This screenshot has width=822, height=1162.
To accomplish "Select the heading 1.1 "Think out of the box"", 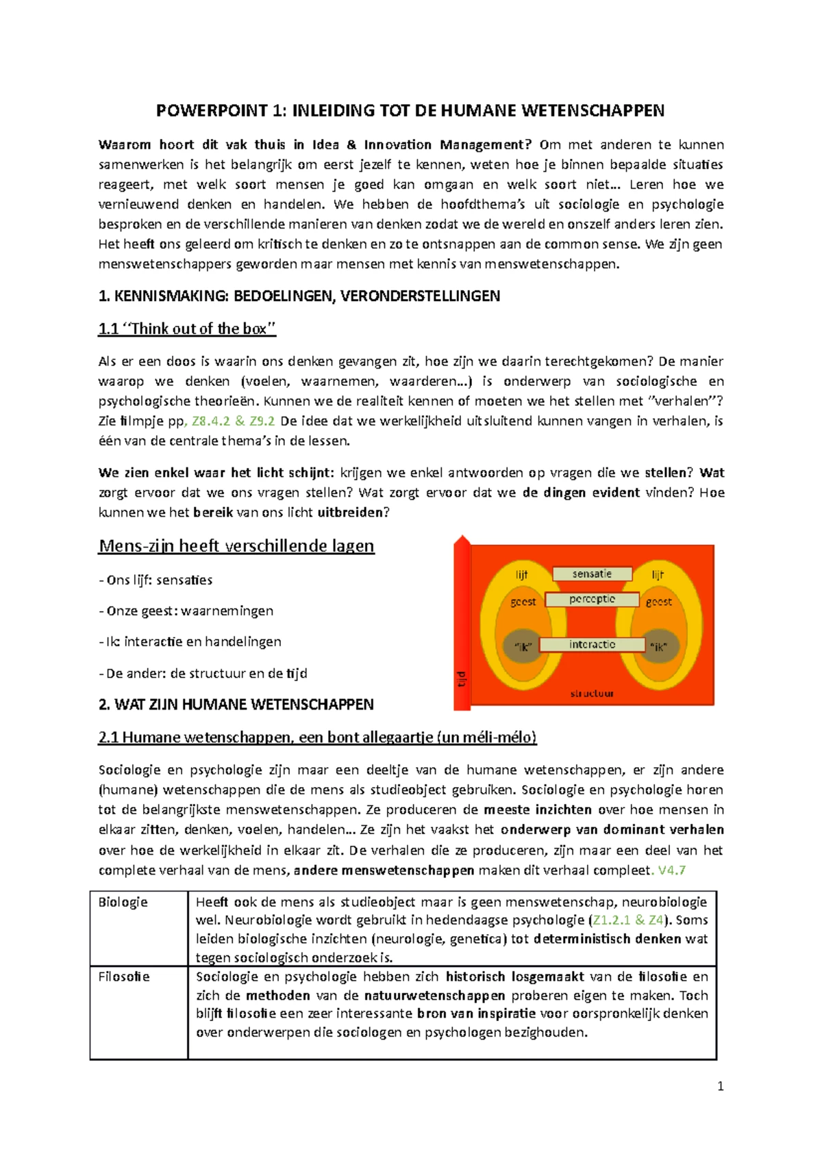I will tap(187, 328).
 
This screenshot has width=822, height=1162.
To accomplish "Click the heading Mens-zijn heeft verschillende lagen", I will tap(236, 546).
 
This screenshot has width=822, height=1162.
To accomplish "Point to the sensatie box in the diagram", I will tap(592, 573).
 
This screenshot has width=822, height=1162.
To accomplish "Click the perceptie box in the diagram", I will tap(592, 599).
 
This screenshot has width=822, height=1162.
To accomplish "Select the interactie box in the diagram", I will tap(592, 645).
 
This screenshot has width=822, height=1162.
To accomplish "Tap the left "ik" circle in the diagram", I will tap(523, 646).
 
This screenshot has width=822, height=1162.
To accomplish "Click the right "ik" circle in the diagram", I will tap(658, 646).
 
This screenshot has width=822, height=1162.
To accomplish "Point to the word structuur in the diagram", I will tap(592, 693).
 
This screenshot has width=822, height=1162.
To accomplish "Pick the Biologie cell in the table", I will tap(123, 902).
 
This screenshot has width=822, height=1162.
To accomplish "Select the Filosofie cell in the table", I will tap(124, 977).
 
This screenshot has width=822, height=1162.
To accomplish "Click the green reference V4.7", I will tap(671, 870).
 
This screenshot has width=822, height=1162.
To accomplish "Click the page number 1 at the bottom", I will tap(720, 1086).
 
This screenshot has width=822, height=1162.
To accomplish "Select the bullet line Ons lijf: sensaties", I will tap(155, 580).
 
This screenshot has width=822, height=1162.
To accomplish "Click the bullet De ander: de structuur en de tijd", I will tap(203, 673).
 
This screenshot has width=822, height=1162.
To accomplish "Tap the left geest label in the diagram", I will tap(523, 602).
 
